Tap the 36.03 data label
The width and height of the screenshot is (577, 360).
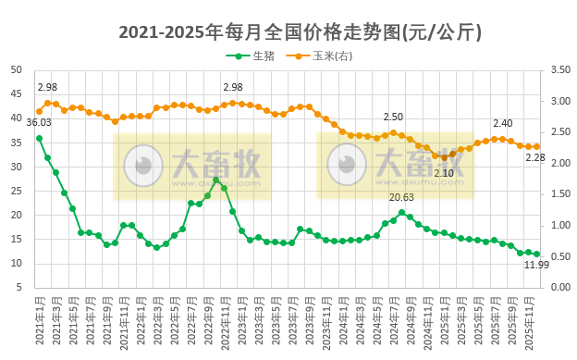(39, 122)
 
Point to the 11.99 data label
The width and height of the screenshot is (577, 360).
(537, 265)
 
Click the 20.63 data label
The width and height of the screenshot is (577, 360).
(401, 197)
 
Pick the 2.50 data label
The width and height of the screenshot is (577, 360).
(393, 118)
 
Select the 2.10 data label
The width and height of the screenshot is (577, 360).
(444, 173)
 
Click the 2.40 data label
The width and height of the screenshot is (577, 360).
(502, 123)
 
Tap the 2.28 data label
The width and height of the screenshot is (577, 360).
(535, 157)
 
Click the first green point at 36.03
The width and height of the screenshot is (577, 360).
(39, 138)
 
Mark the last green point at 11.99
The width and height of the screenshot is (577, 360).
(536, 254)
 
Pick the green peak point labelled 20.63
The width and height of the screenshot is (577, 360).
(401, 212)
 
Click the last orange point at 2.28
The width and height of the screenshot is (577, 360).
(536, 146)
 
